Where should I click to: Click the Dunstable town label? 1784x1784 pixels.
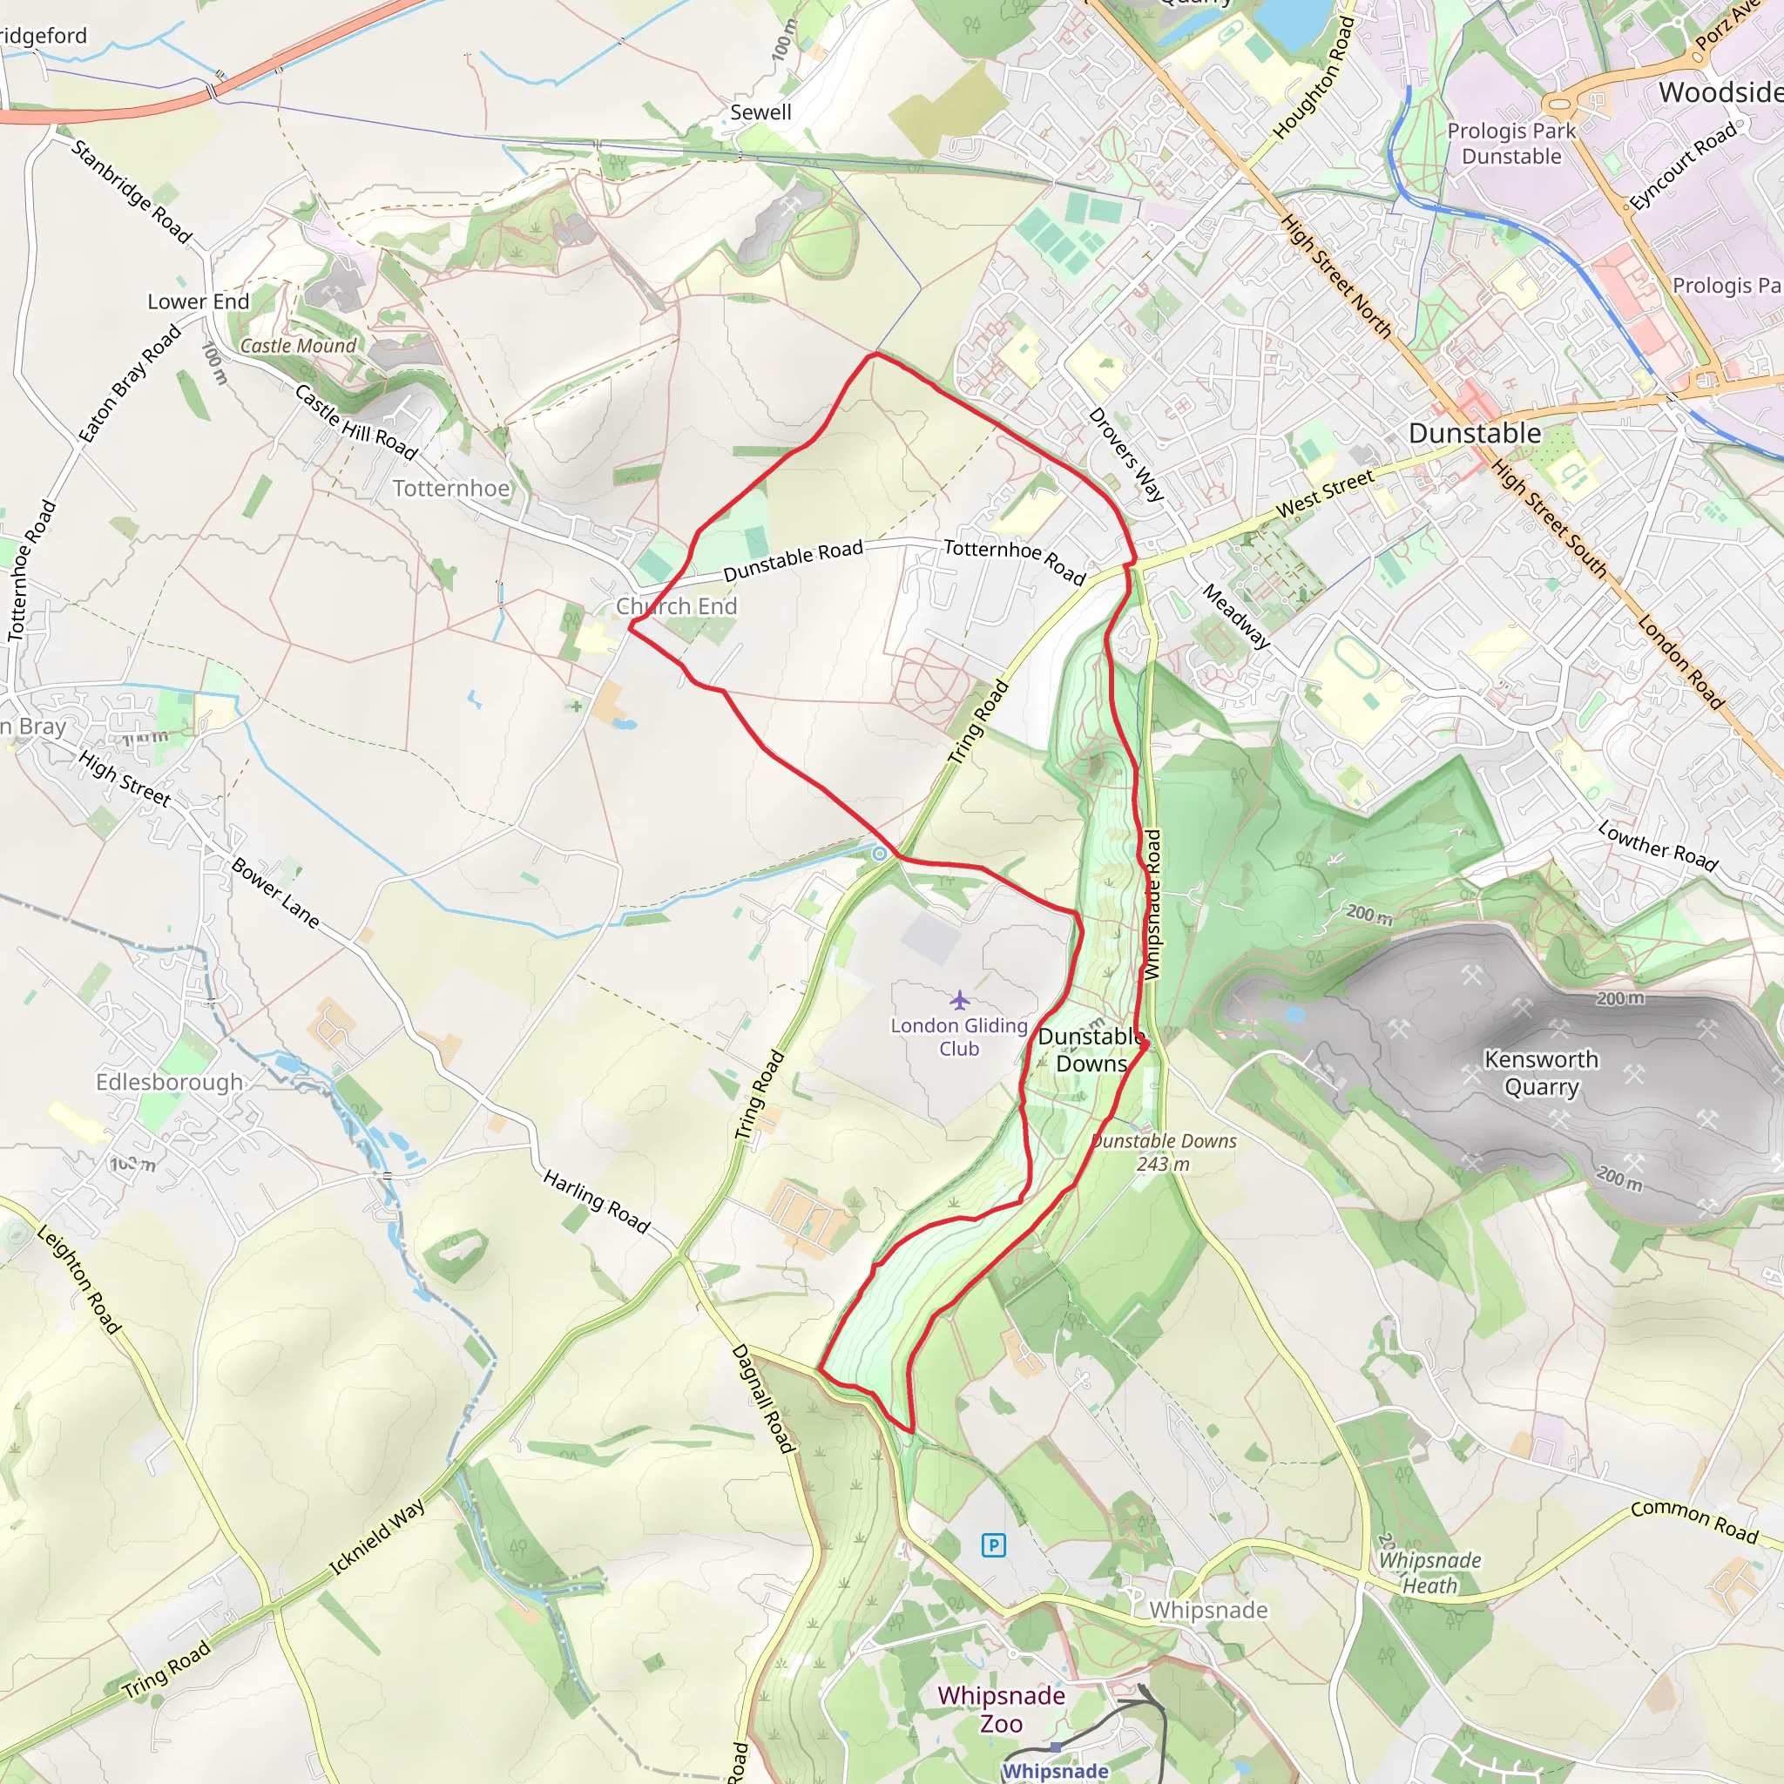pyautogui.click(x=1475, y=433)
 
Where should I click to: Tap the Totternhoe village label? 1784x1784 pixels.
pyautogui.click(x=450, y=489)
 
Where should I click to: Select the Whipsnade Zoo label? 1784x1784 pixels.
pyautogui.click(x=1001, y=1709)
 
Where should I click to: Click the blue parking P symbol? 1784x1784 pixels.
pyautogui.click(x=993, y=1544)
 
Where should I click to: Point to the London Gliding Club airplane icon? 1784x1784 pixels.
pyautogui.click(x=959, y=1000)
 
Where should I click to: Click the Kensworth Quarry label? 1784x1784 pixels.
pyautogui.click(x=1541, y=1073)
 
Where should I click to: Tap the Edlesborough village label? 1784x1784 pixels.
pyautogui.click(x=170, y=1081)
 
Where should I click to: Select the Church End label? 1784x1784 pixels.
pyautogui.click(x=676, y=606)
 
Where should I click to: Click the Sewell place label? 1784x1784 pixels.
pyautogui.click(x=760, y=112)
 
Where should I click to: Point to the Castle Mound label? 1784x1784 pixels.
pyautogui.click(x=298, y=345)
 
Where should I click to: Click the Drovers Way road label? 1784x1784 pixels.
pyautogui.click(x=1125, y=455)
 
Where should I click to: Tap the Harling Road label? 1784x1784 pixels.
pyautogui.click(x=597, y=1200)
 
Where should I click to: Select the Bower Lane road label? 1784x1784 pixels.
pyautogui.click(x=275, y=893)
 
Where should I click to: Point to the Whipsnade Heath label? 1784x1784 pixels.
pyautogui.click(x=1429, y=1572)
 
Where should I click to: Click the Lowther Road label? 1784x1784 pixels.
pyautogui.click(x=1658, y=846)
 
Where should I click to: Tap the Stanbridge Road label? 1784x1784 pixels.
pyautogui.click(x=132, y=192)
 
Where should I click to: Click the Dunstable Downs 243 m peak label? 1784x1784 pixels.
pyautogui.click(x=1164, y=1152)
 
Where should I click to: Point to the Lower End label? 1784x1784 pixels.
pyautogui.click(x=199, y=302)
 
